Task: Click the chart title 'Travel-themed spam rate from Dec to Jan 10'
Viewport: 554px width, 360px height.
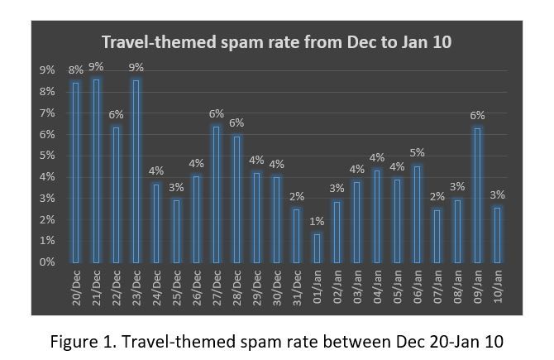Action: pyautogui.click(x=277, y=42)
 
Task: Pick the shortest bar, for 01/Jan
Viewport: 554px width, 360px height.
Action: pyautogui.click(x=317, y=247)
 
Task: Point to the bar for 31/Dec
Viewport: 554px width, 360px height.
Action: pyautogui.click(x=296, y=235)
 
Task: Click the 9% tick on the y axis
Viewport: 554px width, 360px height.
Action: pyautogui.click(x=47, y=70)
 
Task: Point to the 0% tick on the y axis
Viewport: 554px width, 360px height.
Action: pyautogui.click(x=47, y=262)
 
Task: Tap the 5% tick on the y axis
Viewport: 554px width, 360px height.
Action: pyautogui.click(x=47, y=155)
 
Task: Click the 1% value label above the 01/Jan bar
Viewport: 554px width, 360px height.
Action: pyautogui.click(x=317, y=221)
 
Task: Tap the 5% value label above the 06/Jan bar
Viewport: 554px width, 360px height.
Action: pyautogui.click(x=418, y=153)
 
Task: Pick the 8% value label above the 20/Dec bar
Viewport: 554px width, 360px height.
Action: pyautogui.click(x=76, y=70)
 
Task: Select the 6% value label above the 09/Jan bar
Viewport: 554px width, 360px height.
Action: pyautogui.click(x=477, y=115)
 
